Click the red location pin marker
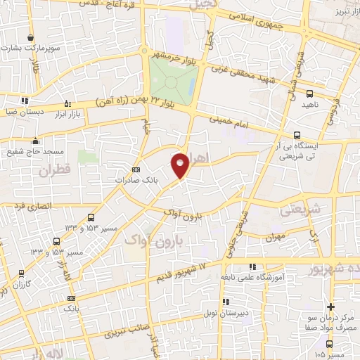pyautogui.click(x=180, y=165)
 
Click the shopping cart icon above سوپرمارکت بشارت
pyautogui.click(x=30, y=38)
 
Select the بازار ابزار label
pyautogui.click(x=67, y=114)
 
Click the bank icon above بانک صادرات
pyautogui.click(x=136, y=169)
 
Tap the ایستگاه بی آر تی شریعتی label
pyautogui.click(x=322, y=150)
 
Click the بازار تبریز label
pyautogui.click(x=337, y=12)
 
